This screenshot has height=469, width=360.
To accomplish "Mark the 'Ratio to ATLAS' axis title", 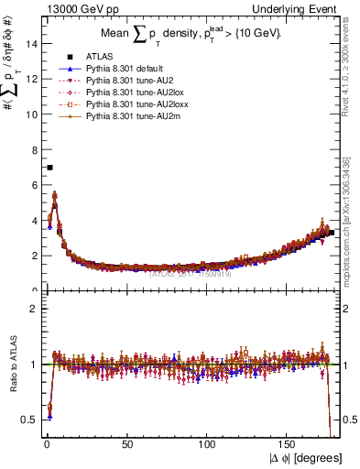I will pyautogui.click(x=13, y=365).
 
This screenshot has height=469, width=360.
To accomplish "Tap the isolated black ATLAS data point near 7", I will pyautogui.click(x=49, y=168).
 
